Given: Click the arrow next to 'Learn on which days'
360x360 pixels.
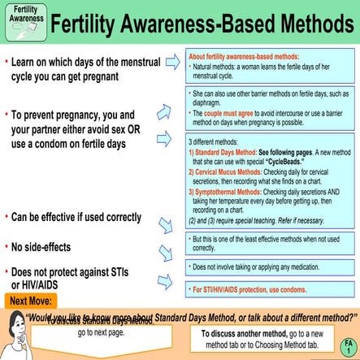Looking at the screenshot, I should point(172,62).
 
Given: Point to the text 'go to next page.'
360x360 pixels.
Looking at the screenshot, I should point(102,332).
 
